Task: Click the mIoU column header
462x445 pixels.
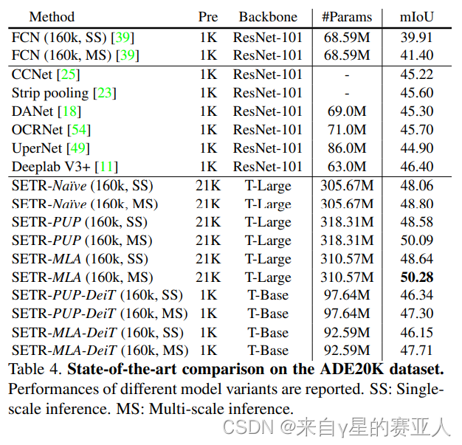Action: (416, 16)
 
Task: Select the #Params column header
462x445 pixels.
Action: (347, 16)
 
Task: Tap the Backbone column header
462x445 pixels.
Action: (267, 16)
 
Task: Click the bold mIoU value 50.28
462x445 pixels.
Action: (416, 277)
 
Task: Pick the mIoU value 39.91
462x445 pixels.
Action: (416, 37)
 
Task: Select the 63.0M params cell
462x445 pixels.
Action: (347, 167)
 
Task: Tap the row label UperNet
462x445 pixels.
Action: (36, 148)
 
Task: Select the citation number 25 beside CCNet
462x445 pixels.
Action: (71, 75)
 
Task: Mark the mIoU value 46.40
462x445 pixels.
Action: (416, 167)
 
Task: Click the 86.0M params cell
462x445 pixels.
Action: (347, 148)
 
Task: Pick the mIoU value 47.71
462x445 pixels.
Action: (416, 351)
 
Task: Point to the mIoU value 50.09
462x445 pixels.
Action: (416, 241)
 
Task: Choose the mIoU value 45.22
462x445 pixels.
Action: (416, 75)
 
